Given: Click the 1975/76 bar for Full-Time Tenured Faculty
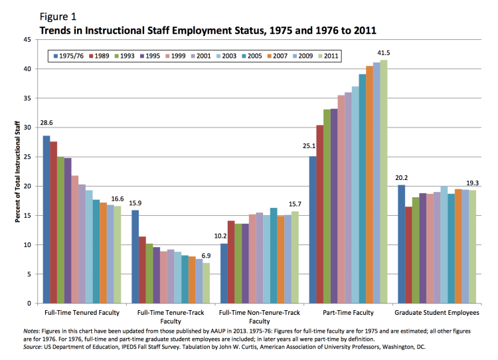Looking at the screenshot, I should point(46,219).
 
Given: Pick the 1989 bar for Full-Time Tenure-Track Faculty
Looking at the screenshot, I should point(143,270).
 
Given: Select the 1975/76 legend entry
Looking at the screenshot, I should point(71,56).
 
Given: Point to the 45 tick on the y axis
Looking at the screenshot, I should point(27,40).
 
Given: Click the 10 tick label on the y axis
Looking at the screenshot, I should point(27,245).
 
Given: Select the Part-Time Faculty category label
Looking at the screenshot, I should point(348,312).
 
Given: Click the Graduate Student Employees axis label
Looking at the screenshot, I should point(436,312).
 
